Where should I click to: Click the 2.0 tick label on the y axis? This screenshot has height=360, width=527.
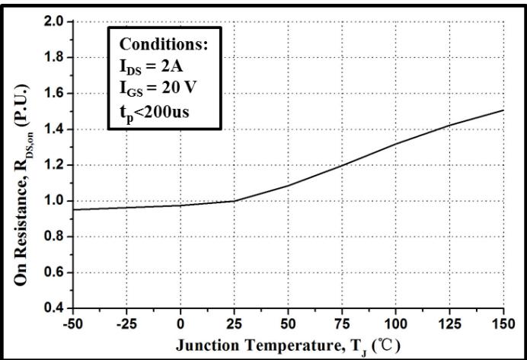pos(56,21)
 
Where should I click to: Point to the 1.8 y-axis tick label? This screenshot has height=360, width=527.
pos(56,57)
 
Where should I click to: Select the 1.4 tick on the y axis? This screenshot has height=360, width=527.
pos(56,129)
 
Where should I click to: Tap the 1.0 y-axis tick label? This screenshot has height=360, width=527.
pos(56,201)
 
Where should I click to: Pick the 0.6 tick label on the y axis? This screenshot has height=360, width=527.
pos(56,272)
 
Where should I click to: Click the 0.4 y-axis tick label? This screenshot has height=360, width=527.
pos(56,308)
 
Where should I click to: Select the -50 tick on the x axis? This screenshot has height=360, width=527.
pos(74,322)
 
